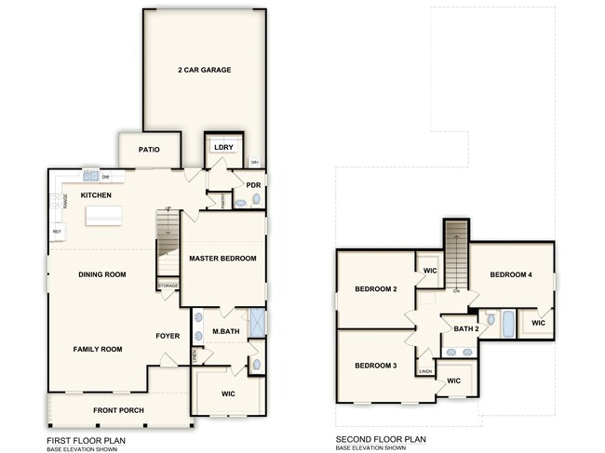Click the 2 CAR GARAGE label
pos(204,70)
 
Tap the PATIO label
pos(149,149)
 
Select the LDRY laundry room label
pos(222,147)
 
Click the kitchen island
pos(103,217)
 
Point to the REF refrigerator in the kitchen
pos(57,231)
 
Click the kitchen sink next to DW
pos(90,176)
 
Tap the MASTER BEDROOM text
pos(222,258)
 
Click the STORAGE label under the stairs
pos(168,286)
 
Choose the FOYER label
pos(168,337)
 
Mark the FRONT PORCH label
pos(117,409)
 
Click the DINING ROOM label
pos(101,274)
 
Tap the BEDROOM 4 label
pos(511,274)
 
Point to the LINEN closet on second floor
pos(425,371)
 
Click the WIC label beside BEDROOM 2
pos(429,271)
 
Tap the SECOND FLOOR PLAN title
pos(381,439)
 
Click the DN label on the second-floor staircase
pos(456,291)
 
